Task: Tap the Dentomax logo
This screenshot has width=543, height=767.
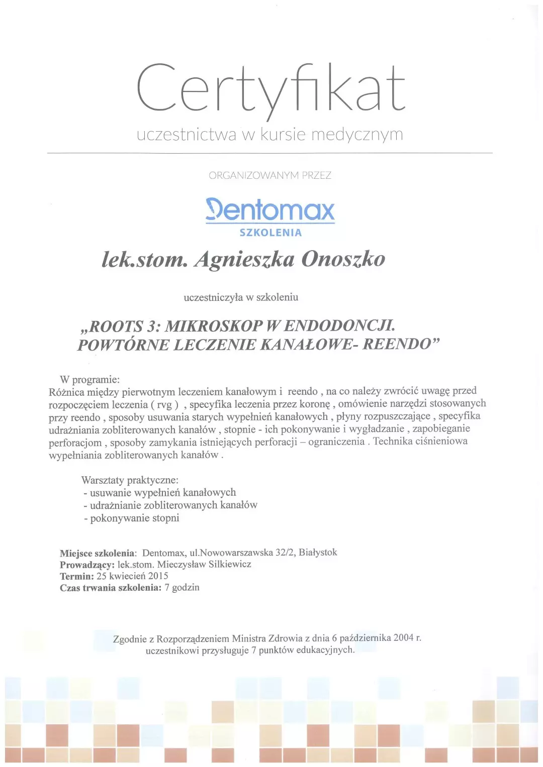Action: click(x=270, y=210)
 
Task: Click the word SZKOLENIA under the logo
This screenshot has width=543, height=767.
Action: click(x=270, y=233)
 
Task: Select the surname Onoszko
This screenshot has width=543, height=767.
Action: click(x=343, y=259)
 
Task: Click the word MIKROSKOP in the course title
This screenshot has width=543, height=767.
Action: click(x=214, y=326)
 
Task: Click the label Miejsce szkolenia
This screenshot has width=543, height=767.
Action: click(x=98, y=554)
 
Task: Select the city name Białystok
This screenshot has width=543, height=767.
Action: click(x=318, y=552)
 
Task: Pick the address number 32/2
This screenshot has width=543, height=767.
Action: click(x=285, y=553)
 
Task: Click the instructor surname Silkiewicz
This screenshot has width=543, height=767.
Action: click(x=229, y=564)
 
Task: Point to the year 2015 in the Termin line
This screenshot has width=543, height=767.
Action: click(x=158, y=576)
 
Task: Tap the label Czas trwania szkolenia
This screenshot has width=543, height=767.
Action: click(x=111, y=588)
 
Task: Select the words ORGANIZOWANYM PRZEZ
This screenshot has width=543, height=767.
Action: click(x=270, y=175)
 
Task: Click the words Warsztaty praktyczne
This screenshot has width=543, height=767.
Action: click(x=130, y=480)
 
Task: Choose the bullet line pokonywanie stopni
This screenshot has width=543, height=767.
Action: click(x=134, y=518)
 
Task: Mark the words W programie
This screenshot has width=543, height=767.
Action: click(x=89, y=379)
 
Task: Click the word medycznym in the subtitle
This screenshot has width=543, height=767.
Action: click(x=357, y=135)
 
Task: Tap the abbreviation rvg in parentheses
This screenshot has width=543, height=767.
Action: click(x=164, y=404)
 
